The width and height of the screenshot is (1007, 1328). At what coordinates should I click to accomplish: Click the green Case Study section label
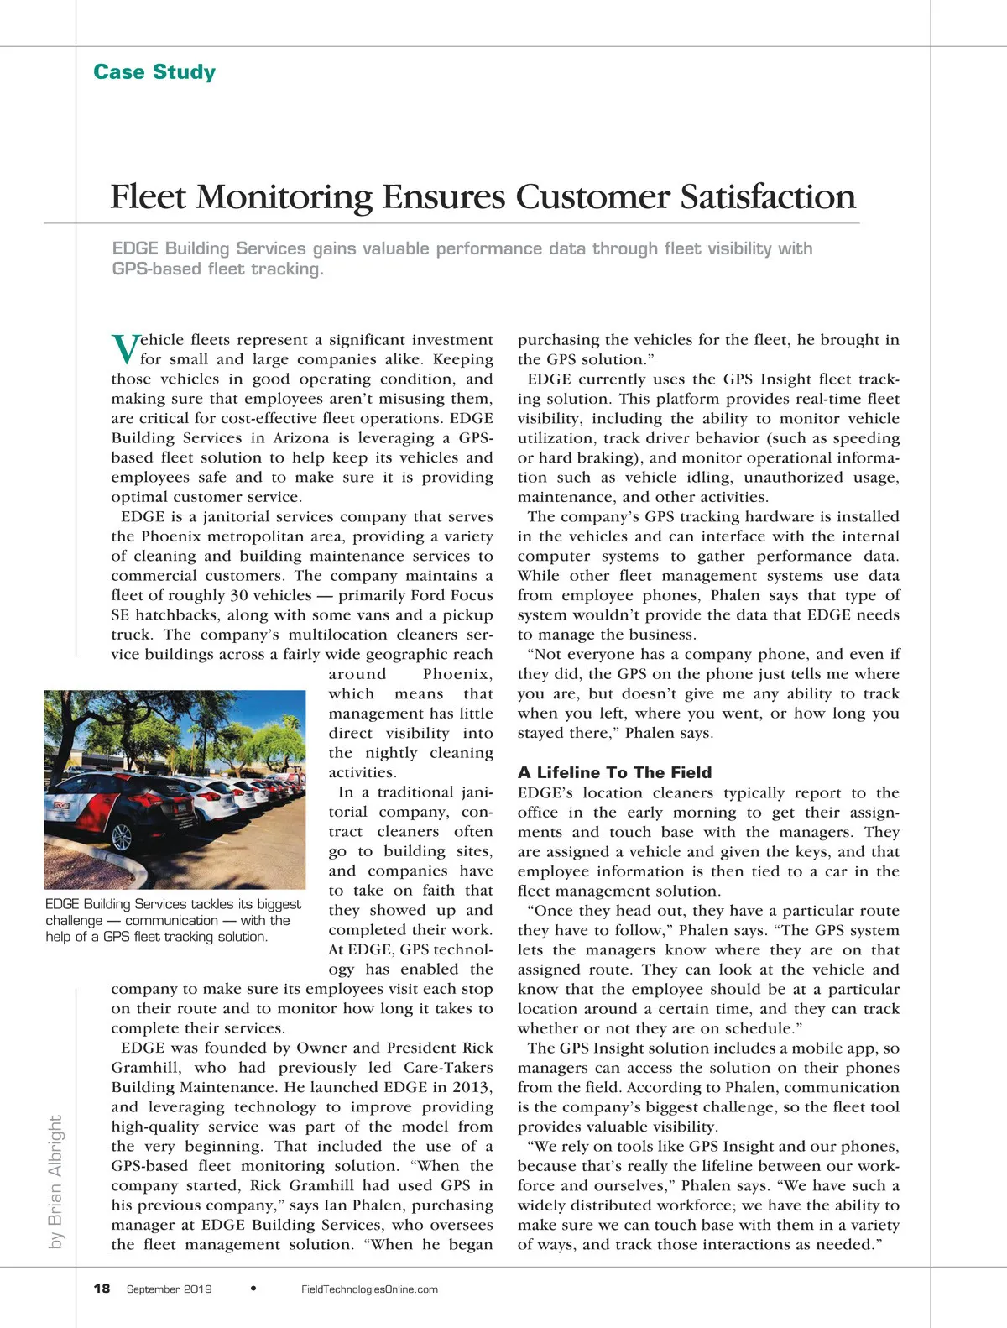[154, 72]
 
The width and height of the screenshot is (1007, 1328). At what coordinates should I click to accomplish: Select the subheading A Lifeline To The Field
[614, 772]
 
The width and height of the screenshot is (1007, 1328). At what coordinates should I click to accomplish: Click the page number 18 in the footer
[102, 1289]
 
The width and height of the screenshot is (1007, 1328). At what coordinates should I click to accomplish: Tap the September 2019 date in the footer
[169, 1289]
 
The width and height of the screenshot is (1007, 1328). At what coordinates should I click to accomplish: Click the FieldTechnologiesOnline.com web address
[369, 1289]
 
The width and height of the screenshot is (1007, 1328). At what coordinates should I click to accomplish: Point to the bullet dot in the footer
[254, 1288]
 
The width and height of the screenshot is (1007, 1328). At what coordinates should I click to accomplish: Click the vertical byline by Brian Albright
[55, 1181]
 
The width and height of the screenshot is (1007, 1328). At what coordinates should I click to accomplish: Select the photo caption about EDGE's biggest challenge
[173, 920]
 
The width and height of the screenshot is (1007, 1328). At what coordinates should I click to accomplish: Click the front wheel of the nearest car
[123, 837]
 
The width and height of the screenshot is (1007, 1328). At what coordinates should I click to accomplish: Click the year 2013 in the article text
[471, 1087]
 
